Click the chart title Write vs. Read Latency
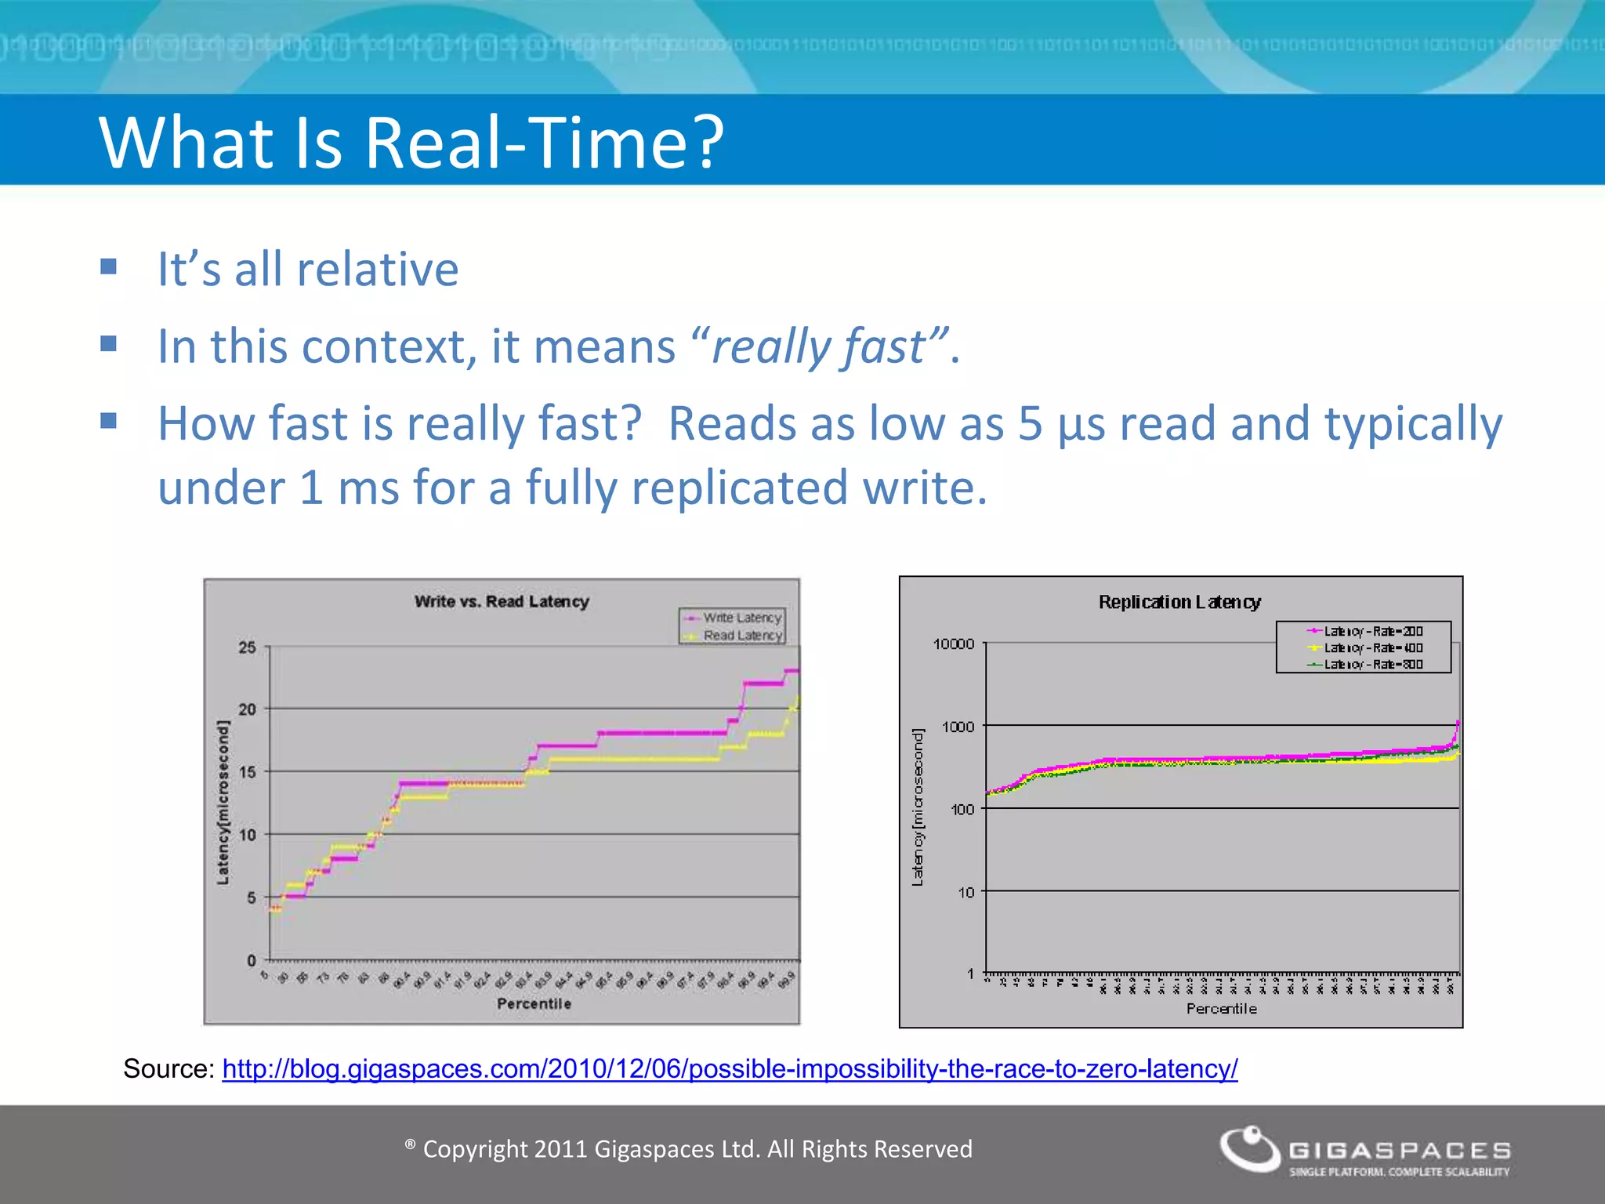point(502,601)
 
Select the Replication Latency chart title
point(1179,602)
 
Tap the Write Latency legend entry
point(741,618)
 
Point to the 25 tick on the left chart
point(247,647)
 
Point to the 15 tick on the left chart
point(247,772)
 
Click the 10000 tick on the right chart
point(953,644)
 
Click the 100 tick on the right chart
point(962,810)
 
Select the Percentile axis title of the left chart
point(534,1004)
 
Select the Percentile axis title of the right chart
point(1221,1009)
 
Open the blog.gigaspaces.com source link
point(730,1069)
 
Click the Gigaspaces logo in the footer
point(1364,1151)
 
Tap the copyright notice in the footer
point(689,1149)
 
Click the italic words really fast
point(817,346)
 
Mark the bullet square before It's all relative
point(109,267)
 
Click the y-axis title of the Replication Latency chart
point(918,807)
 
